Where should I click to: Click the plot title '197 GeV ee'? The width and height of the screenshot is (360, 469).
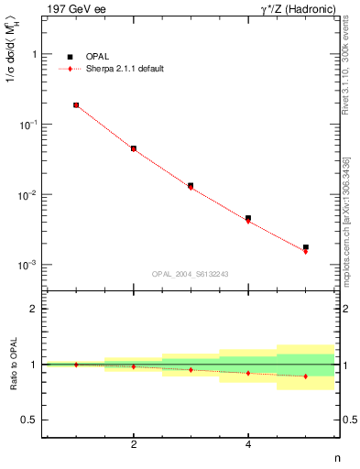pyautogui.click(x=72, y=8)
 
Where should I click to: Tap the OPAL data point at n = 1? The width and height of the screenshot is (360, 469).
pyautogui.click(x=76, y=105)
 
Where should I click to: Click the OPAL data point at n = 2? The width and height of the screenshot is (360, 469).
pyautogui.click(x=134, y=148)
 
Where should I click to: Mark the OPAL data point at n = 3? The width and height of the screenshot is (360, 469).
pyautogui.click(x=191, y=186)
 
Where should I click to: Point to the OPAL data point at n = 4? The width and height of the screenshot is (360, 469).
pyautogui.click(x=248, y=218)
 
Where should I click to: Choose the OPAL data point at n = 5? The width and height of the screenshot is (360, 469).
pyautogui.click(x=306, y=247)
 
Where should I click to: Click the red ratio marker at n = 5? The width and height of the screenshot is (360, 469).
pyautogui.click(x=306, y=376)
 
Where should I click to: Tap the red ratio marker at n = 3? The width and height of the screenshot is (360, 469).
pyautogui.click(x=191, y=370)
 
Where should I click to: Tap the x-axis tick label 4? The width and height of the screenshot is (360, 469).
pyautogui.click(x=248, y=444)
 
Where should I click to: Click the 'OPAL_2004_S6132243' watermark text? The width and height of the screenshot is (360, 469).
pyautogui.click(x=191, y=274)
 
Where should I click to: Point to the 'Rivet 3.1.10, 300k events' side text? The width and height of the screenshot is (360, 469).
pyautogui.click(x=346, y=69)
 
